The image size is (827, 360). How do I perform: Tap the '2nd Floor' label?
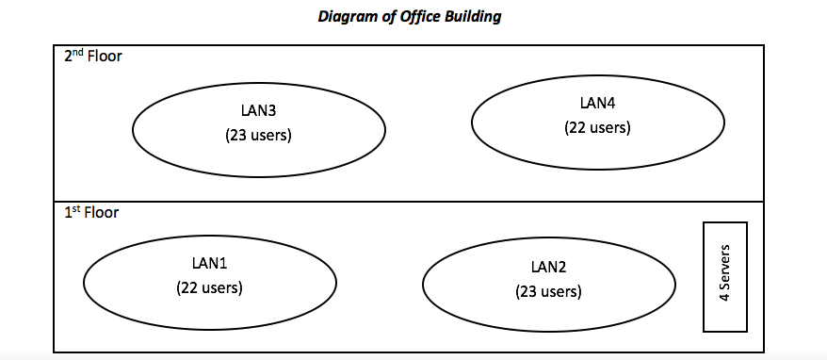(92, 56)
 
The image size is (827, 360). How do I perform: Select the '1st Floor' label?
(91, 213)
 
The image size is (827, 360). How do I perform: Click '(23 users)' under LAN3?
(258, 135)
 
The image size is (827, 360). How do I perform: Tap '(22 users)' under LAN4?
(597, 126)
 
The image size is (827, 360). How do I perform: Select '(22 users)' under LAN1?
(209, 287)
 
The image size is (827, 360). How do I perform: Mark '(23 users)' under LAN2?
(548, 291)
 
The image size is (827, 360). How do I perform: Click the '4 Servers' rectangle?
(724, 276)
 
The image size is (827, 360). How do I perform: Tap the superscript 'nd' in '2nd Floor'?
(77, 52)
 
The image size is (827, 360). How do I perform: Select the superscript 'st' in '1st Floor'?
(75, 209)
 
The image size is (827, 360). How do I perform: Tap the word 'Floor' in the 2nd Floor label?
(104, 56)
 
